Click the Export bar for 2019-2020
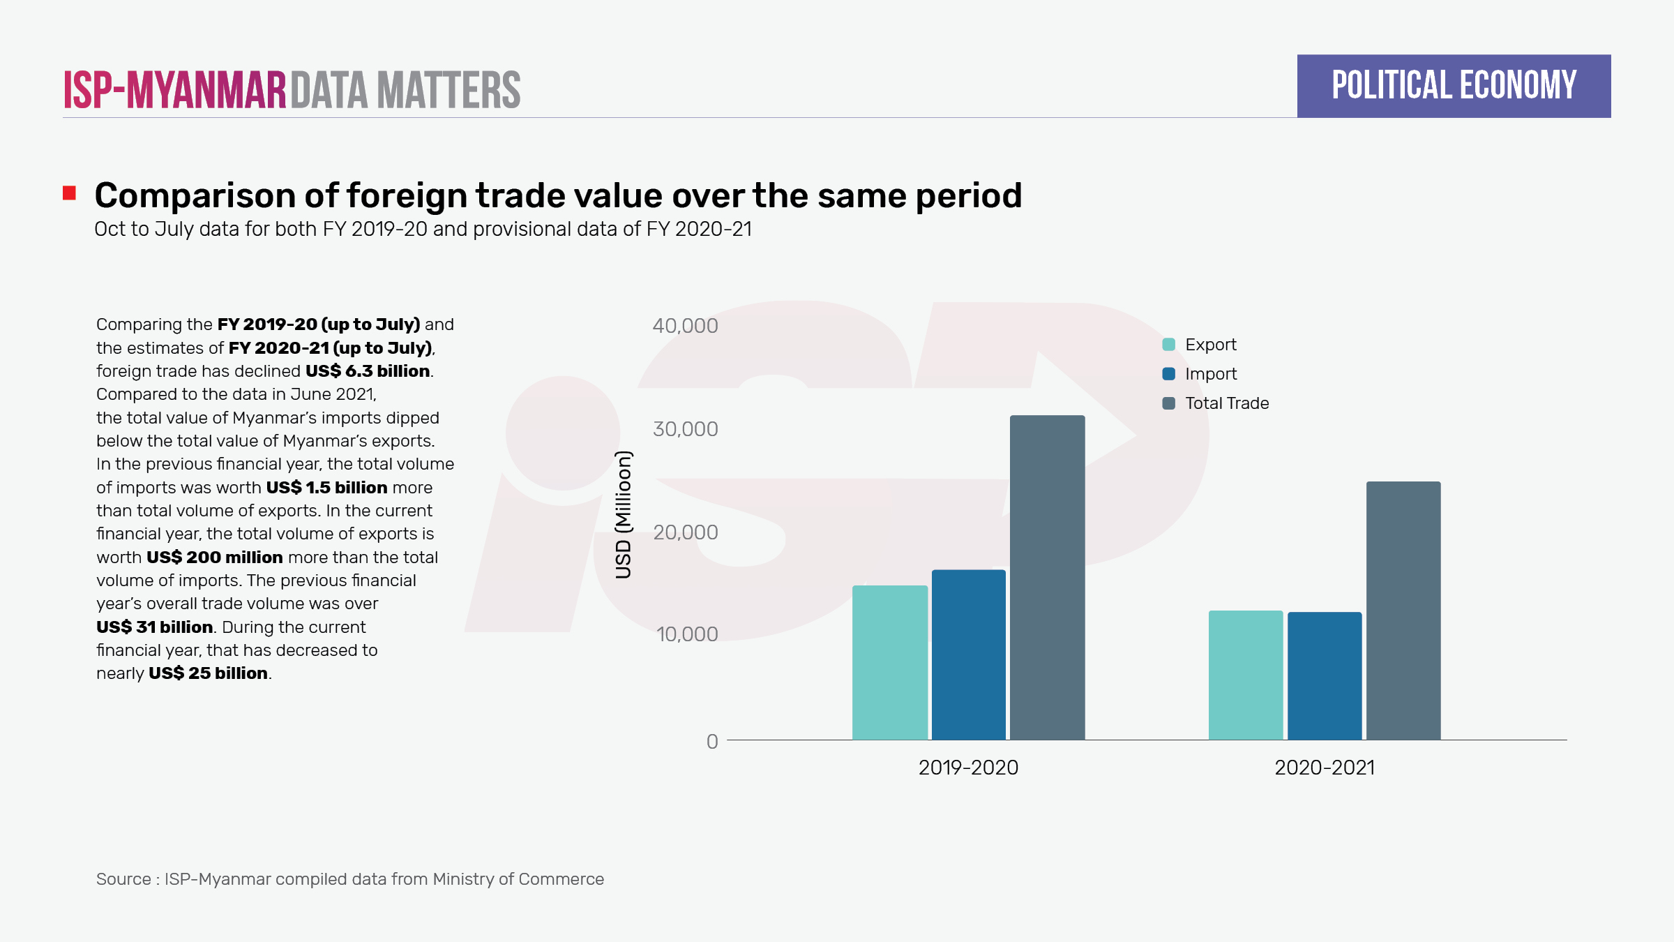point(890,662)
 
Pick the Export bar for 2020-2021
point(1246,675)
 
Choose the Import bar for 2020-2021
point(1325,675)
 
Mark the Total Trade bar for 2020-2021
point(1403,610)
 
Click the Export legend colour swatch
point(1169,345)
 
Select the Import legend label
point(1211,374)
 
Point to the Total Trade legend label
point(1227,403)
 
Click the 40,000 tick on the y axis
point(685,326)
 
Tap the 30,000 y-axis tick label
point(685,429)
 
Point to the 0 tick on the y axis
point(712,741)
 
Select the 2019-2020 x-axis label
point(968,768)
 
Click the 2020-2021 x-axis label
point(1325,768)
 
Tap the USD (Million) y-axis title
point(624,515)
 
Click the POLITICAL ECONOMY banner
point(1454,86)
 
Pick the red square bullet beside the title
point(69,193)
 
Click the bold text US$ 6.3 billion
point(368,371)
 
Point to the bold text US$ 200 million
point(214,558)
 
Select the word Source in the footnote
point(123,879)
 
